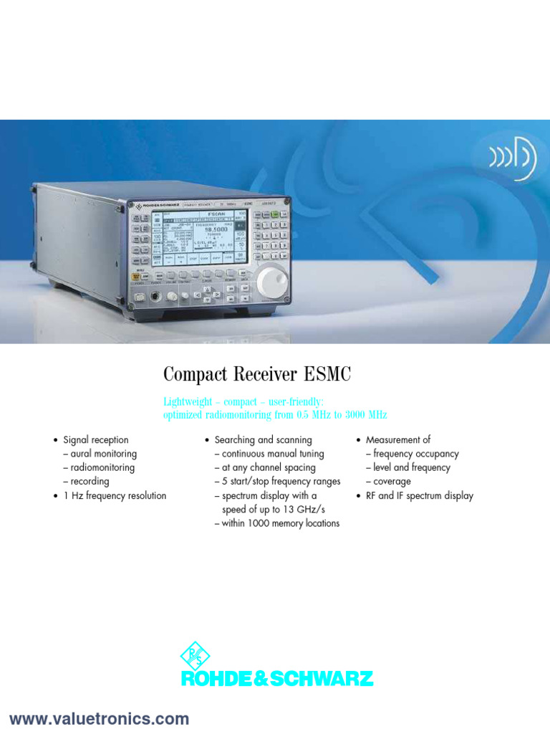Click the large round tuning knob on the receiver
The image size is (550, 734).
271,280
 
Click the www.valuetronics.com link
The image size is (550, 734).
99,719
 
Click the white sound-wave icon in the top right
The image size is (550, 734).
513,158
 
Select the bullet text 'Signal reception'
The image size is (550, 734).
96,440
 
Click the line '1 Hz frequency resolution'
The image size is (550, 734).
115,496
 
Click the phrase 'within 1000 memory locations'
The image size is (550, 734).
281,523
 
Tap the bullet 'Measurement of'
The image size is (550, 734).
398,440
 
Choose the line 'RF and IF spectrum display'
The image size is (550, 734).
420,496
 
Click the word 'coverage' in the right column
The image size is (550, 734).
392,482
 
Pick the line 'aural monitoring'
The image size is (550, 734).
104,454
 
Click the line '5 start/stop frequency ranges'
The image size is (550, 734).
281,482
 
